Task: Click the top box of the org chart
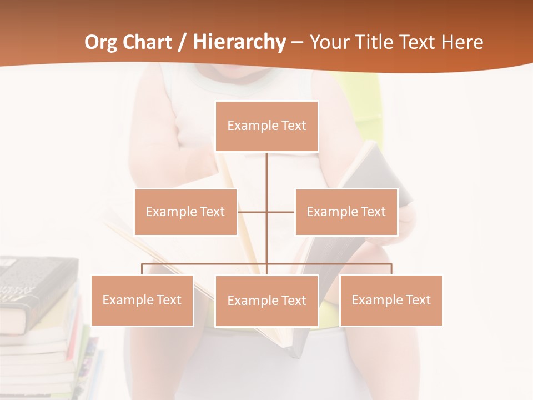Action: point(266,126)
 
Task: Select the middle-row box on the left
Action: point(185,212)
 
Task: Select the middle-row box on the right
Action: point(346,212)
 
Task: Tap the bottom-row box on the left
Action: point(142,300)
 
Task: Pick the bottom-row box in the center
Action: point(266,301)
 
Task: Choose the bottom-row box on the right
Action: point(391,300)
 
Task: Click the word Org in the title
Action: point(101,42)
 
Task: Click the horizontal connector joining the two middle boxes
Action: point(253,212)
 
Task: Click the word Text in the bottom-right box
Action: point(418,300)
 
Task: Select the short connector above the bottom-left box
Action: point(142,269)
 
